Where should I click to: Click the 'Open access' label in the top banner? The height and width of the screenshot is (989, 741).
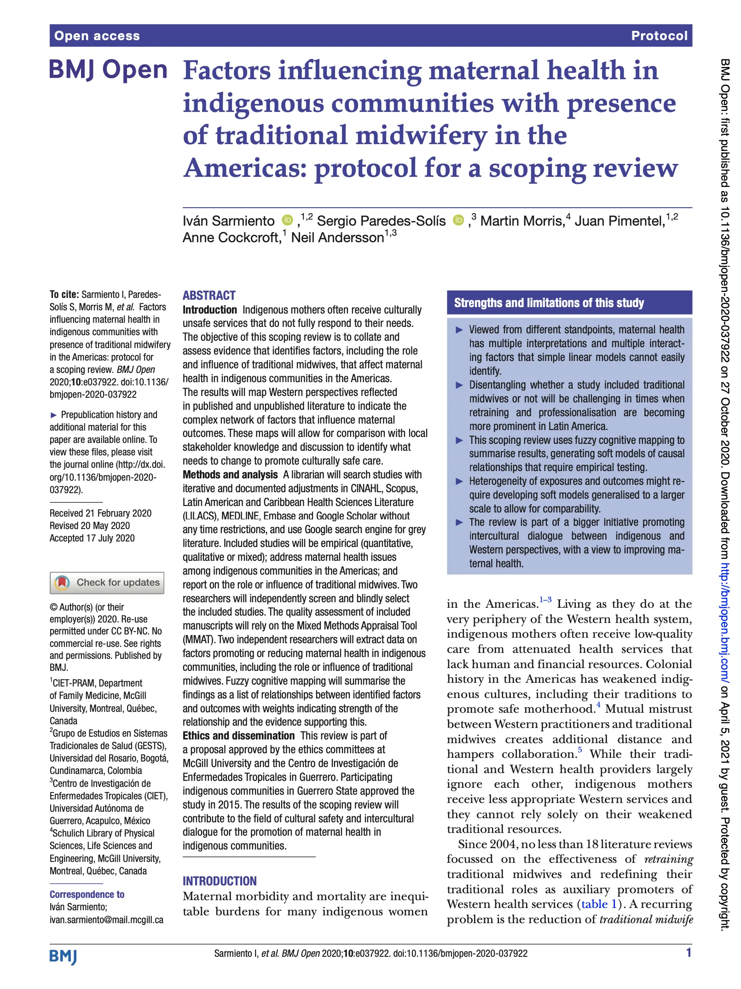pos(97,36)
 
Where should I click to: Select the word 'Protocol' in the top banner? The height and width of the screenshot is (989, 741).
pos(659,36)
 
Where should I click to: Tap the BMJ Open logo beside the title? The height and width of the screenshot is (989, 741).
pos(108,70)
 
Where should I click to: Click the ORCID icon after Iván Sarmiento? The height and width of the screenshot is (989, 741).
pos(287,220)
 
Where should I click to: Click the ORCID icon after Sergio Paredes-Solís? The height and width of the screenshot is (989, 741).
pos(458,220)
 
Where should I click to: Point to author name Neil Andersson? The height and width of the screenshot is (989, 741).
pos(337,238)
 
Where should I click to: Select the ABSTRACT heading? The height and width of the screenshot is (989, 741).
pos(209,296)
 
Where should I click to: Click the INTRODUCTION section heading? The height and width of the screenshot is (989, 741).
pos(220,881)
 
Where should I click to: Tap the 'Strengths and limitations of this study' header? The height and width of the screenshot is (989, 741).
pos(549,303)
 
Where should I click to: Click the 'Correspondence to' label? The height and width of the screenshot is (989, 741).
pos(87,894)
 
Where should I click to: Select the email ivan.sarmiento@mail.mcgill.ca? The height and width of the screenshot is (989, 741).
pos(106,919)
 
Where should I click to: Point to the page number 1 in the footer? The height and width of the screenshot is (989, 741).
pos(689,953)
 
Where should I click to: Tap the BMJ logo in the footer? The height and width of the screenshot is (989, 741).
pos(63,956)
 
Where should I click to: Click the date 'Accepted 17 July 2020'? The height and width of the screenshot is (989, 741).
pos(92,538)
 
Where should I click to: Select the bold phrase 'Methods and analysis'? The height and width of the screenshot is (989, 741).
pos(230,475)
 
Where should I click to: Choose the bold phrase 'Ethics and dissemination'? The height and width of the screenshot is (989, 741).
pos(238,736)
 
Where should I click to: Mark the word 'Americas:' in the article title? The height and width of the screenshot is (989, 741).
pos(245,168)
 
